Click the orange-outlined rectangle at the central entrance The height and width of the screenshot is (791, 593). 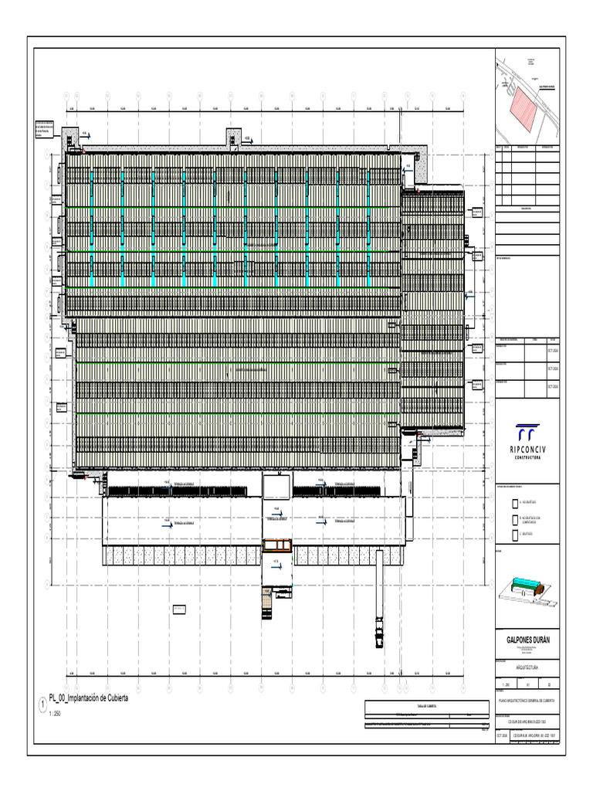click(277, 545)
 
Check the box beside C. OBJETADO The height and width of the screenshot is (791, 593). click(516, 535)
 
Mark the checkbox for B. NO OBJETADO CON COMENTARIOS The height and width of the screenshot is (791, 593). click(516, 518)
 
